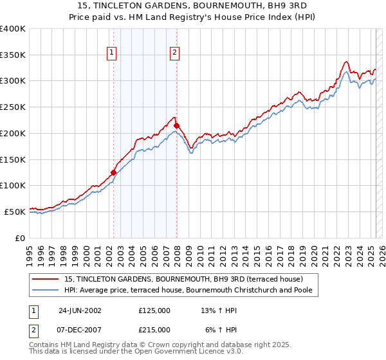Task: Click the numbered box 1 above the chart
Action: pos(112,53)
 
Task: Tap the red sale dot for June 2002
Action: pos(114,172)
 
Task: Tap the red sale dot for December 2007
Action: pos(176,125)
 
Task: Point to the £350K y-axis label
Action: pos(13,55)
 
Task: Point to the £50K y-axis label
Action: pos(15,212)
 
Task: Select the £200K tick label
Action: pos(13,133)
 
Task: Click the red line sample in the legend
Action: pos(46,279)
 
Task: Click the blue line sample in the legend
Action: pos(46,290)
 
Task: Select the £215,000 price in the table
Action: pos(154,329)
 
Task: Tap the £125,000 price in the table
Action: pos(154,310)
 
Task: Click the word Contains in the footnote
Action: pos(44,345)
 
